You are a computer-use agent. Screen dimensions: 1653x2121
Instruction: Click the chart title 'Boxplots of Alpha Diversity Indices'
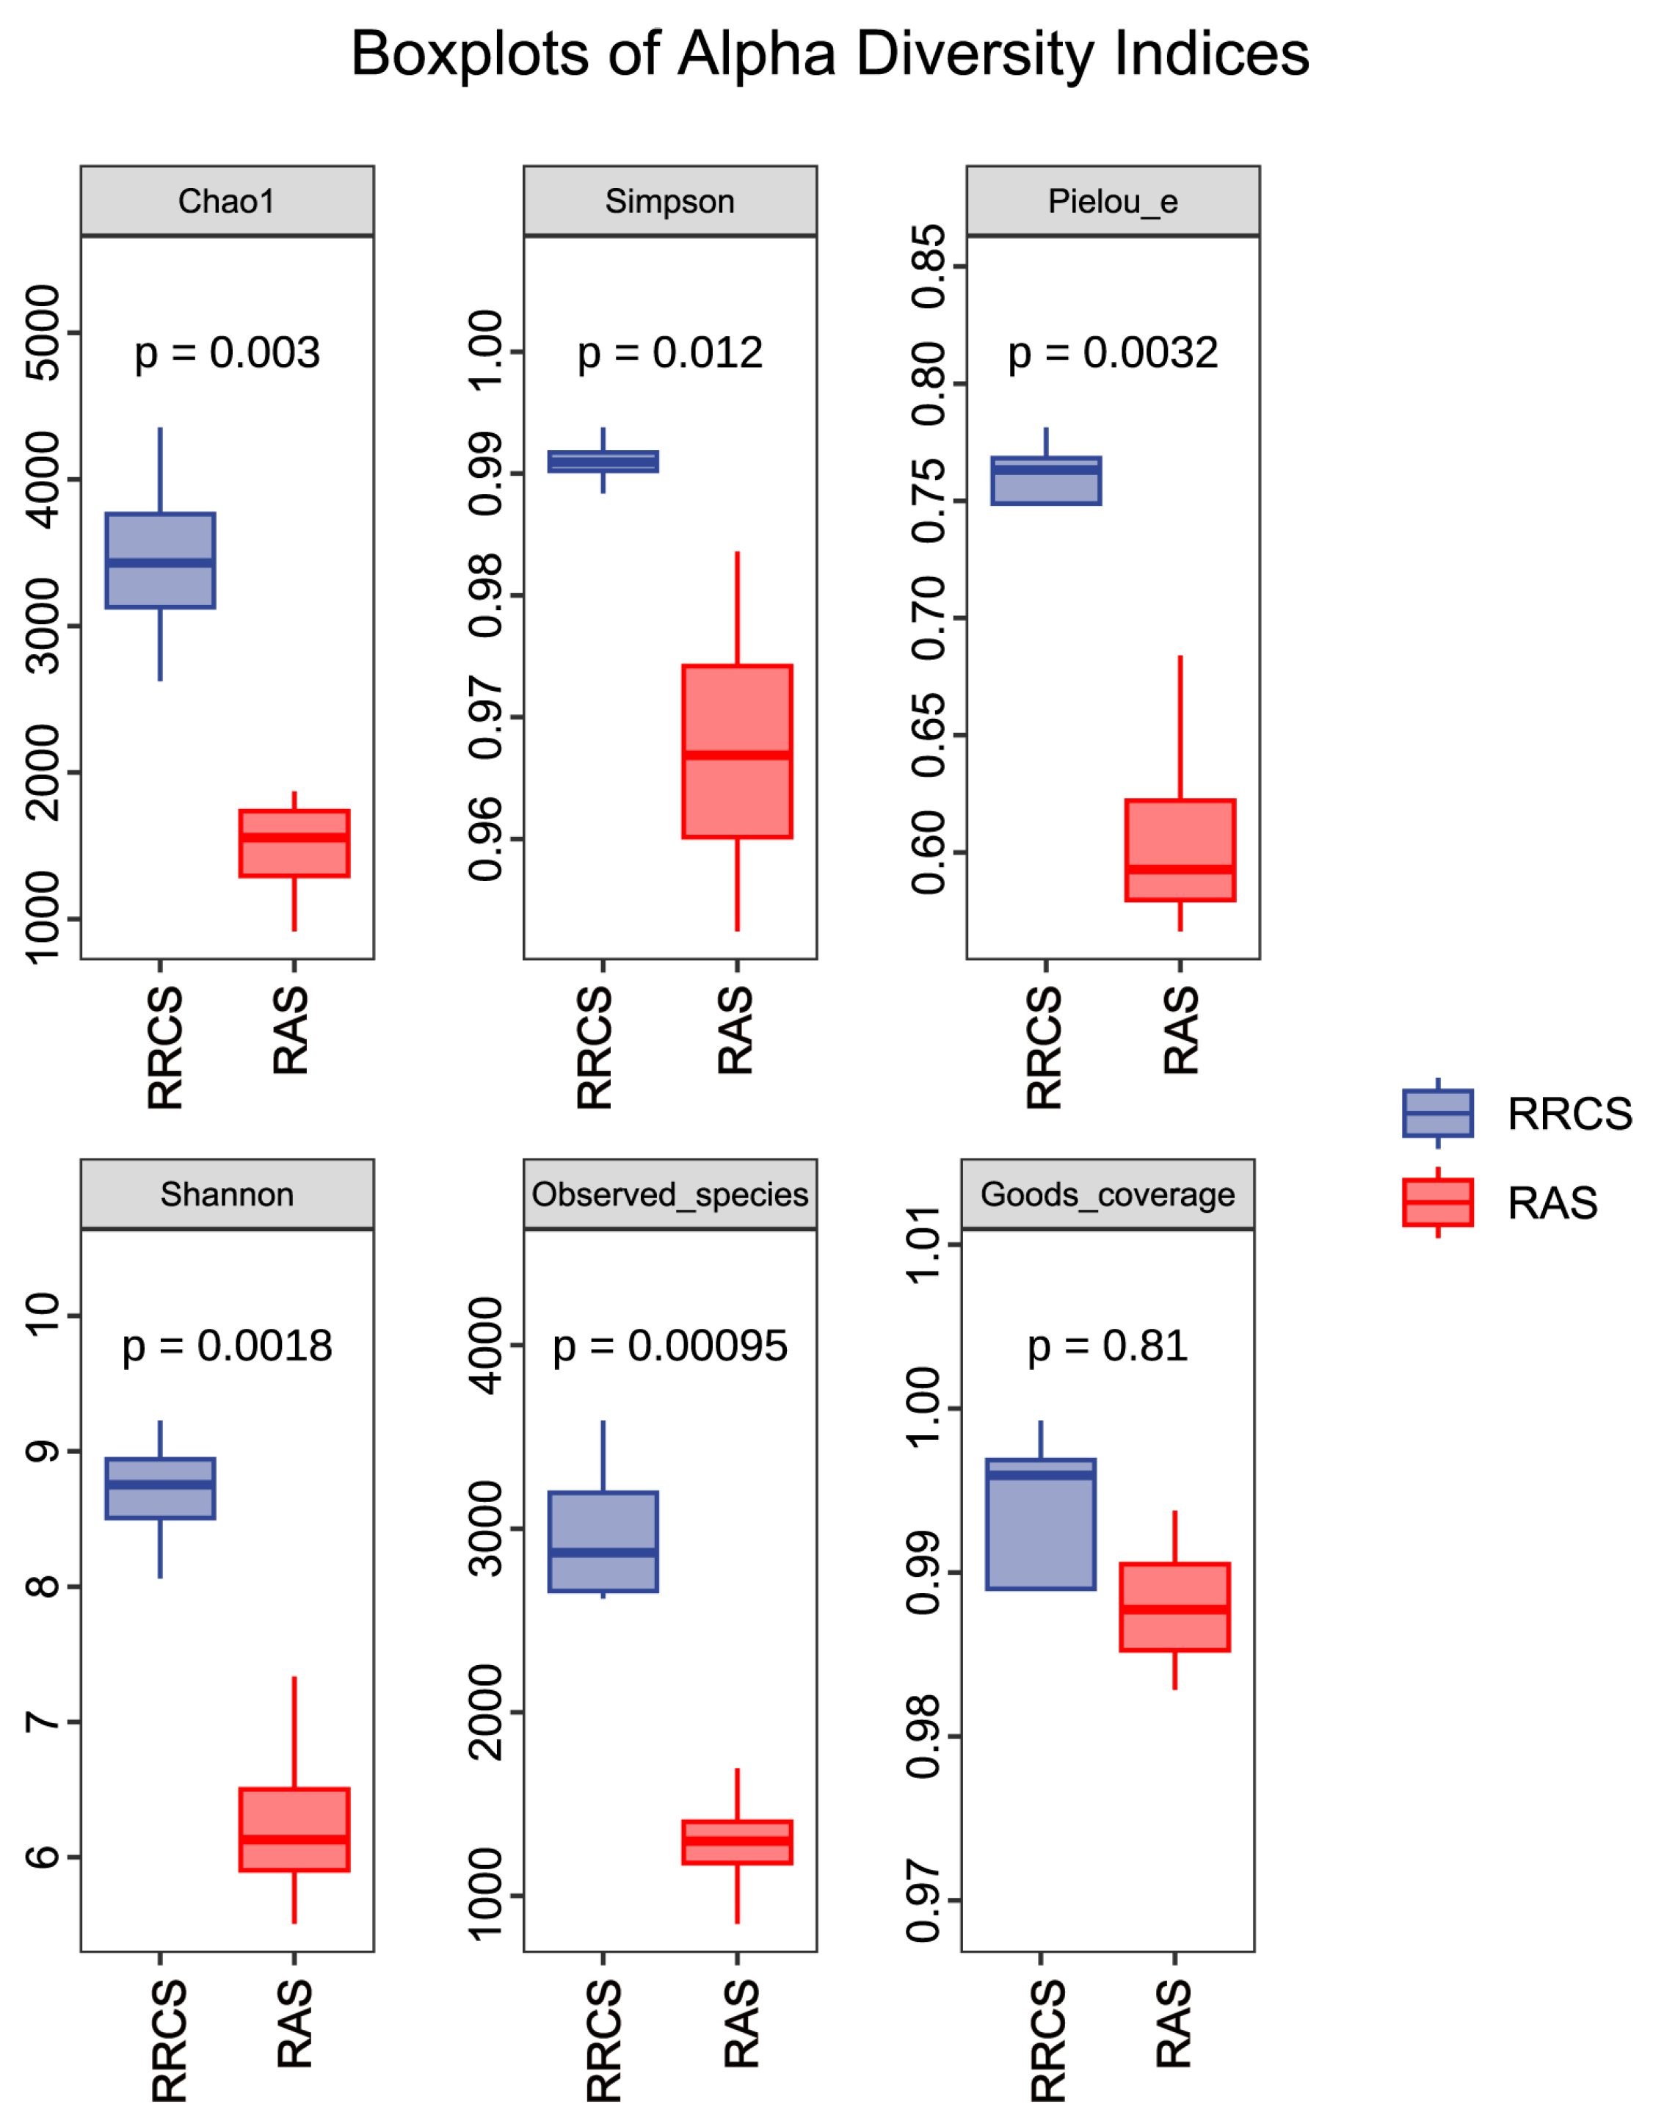(x=829, y=54)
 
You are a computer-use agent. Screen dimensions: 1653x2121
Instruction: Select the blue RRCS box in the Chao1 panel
(x=160, y=560)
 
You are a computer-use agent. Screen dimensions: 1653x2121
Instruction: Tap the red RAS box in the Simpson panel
(x=737, y=751)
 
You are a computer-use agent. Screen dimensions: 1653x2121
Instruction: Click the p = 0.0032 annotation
(x=1113, y=354)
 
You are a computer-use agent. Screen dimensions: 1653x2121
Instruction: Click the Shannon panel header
(x=228, y=1194)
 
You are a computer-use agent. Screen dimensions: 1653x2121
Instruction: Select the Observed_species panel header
(x=670, y=1194)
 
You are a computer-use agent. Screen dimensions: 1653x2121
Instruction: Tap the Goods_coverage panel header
(x=1108, y=1194)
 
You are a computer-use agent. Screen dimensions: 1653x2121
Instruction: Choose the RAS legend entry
(x=1500, y=1203)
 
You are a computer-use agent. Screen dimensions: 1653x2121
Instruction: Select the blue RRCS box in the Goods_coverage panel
(x=1040, y=1523)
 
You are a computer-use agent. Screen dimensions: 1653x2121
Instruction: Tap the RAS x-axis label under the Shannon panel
(x=294, y=2024)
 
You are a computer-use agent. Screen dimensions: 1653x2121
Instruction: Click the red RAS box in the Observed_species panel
(x=737, y=1842)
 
